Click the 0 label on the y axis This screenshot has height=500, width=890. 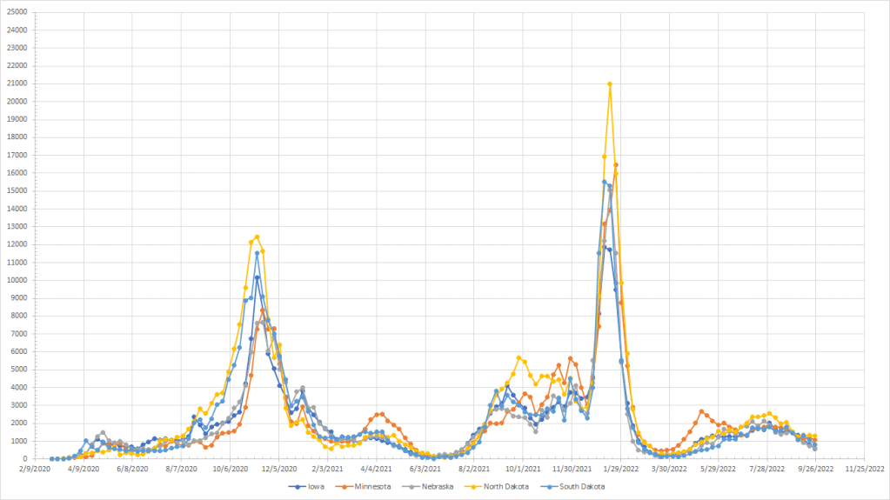click(x=26, y=459)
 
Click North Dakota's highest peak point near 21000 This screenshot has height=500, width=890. click(x=610, y=84)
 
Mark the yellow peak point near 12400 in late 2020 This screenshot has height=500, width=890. click(x=257, y=237)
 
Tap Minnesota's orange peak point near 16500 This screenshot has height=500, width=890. click(x=616, y=164)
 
